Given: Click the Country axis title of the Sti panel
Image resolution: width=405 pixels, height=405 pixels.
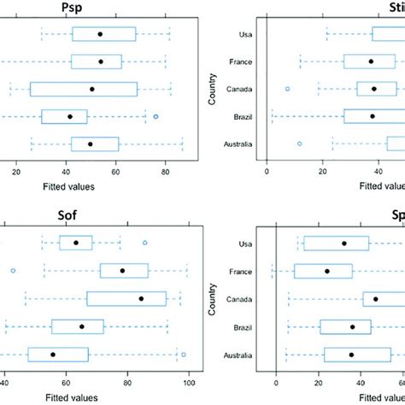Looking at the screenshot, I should tap(212, 89).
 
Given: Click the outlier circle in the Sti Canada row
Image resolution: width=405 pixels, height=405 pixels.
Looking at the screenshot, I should tap(288, 89).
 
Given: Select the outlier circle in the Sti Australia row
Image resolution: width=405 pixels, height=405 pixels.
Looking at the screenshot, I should tap(299, 144).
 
